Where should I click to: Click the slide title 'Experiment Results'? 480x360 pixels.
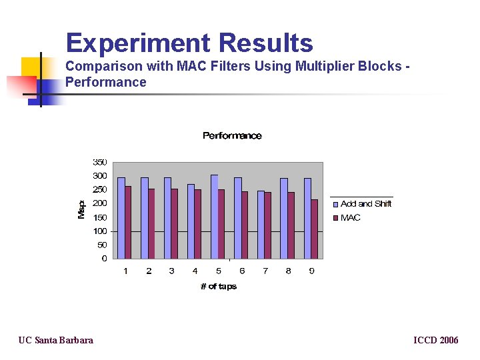coord(189,43)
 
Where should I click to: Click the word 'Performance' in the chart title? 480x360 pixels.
coord(232,136)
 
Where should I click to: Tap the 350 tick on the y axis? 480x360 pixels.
coord(99,162)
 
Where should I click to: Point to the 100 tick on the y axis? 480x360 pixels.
coord(99,231)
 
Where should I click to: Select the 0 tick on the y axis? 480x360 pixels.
coord(104,259)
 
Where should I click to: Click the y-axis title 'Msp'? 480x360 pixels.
coord(81,209)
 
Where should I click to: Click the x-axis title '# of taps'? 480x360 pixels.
coord(219,287)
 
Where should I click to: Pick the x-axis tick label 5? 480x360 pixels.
coord(219,271)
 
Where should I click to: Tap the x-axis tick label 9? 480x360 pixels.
coord(311,271)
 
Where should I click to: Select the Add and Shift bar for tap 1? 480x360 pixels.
coord(121,217)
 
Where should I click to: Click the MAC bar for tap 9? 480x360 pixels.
coord(315,229)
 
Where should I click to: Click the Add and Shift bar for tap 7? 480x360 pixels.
coord(261,224)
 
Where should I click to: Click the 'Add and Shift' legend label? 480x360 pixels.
coord(366,204)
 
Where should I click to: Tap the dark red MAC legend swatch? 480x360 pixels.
coord(336,218)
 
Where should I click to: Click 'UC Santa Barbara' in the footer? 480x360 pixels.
coord(56,341)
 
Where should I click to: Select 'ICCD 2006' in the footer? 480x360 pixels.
coord(436,341)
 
